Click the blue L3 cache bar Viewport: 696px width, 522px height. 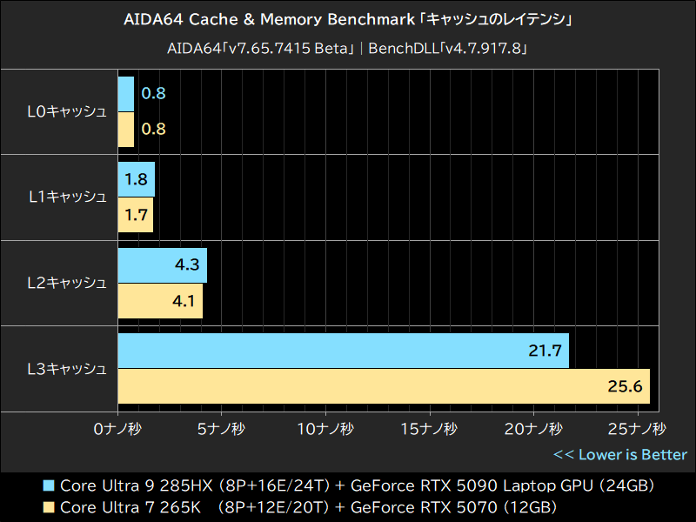[343, 351]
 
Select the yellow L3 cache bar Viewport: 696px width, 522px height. [383, 385]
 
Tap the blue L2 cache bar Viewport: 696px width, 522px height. [162, 265]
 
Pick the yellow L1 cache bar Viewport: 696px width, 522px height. [135, 215]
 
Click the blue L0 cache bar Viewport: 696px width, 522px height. [125, 94]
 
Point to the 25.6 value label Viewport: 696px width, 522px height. [624, 385]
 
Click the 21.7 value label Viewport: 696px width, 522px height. [545, 351]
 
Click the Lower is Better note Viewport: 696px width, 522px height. [619, 454]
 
